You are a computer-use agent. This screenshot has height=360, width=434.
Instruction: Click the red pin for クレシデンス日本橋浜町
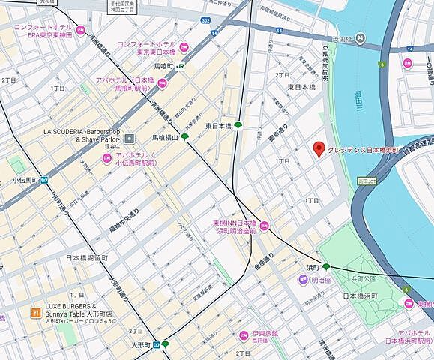tap(319, 149)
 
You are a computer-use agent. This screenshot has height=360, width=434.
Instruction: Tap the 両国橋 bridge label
tap(341, 39)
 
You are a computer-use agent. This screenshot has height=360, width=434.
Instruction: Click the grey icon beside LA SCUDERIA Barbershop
tap(129, 138)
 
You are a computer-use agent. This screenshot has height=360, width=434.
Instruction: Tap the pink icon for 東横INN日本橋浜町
tap(263, 226)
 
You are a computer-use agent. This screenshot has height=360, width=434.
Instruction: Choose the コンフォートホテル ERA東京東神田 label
tap(45, 31)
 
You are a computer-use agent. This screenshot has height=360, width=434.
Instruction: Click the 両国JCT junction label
tap(367, 181)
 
